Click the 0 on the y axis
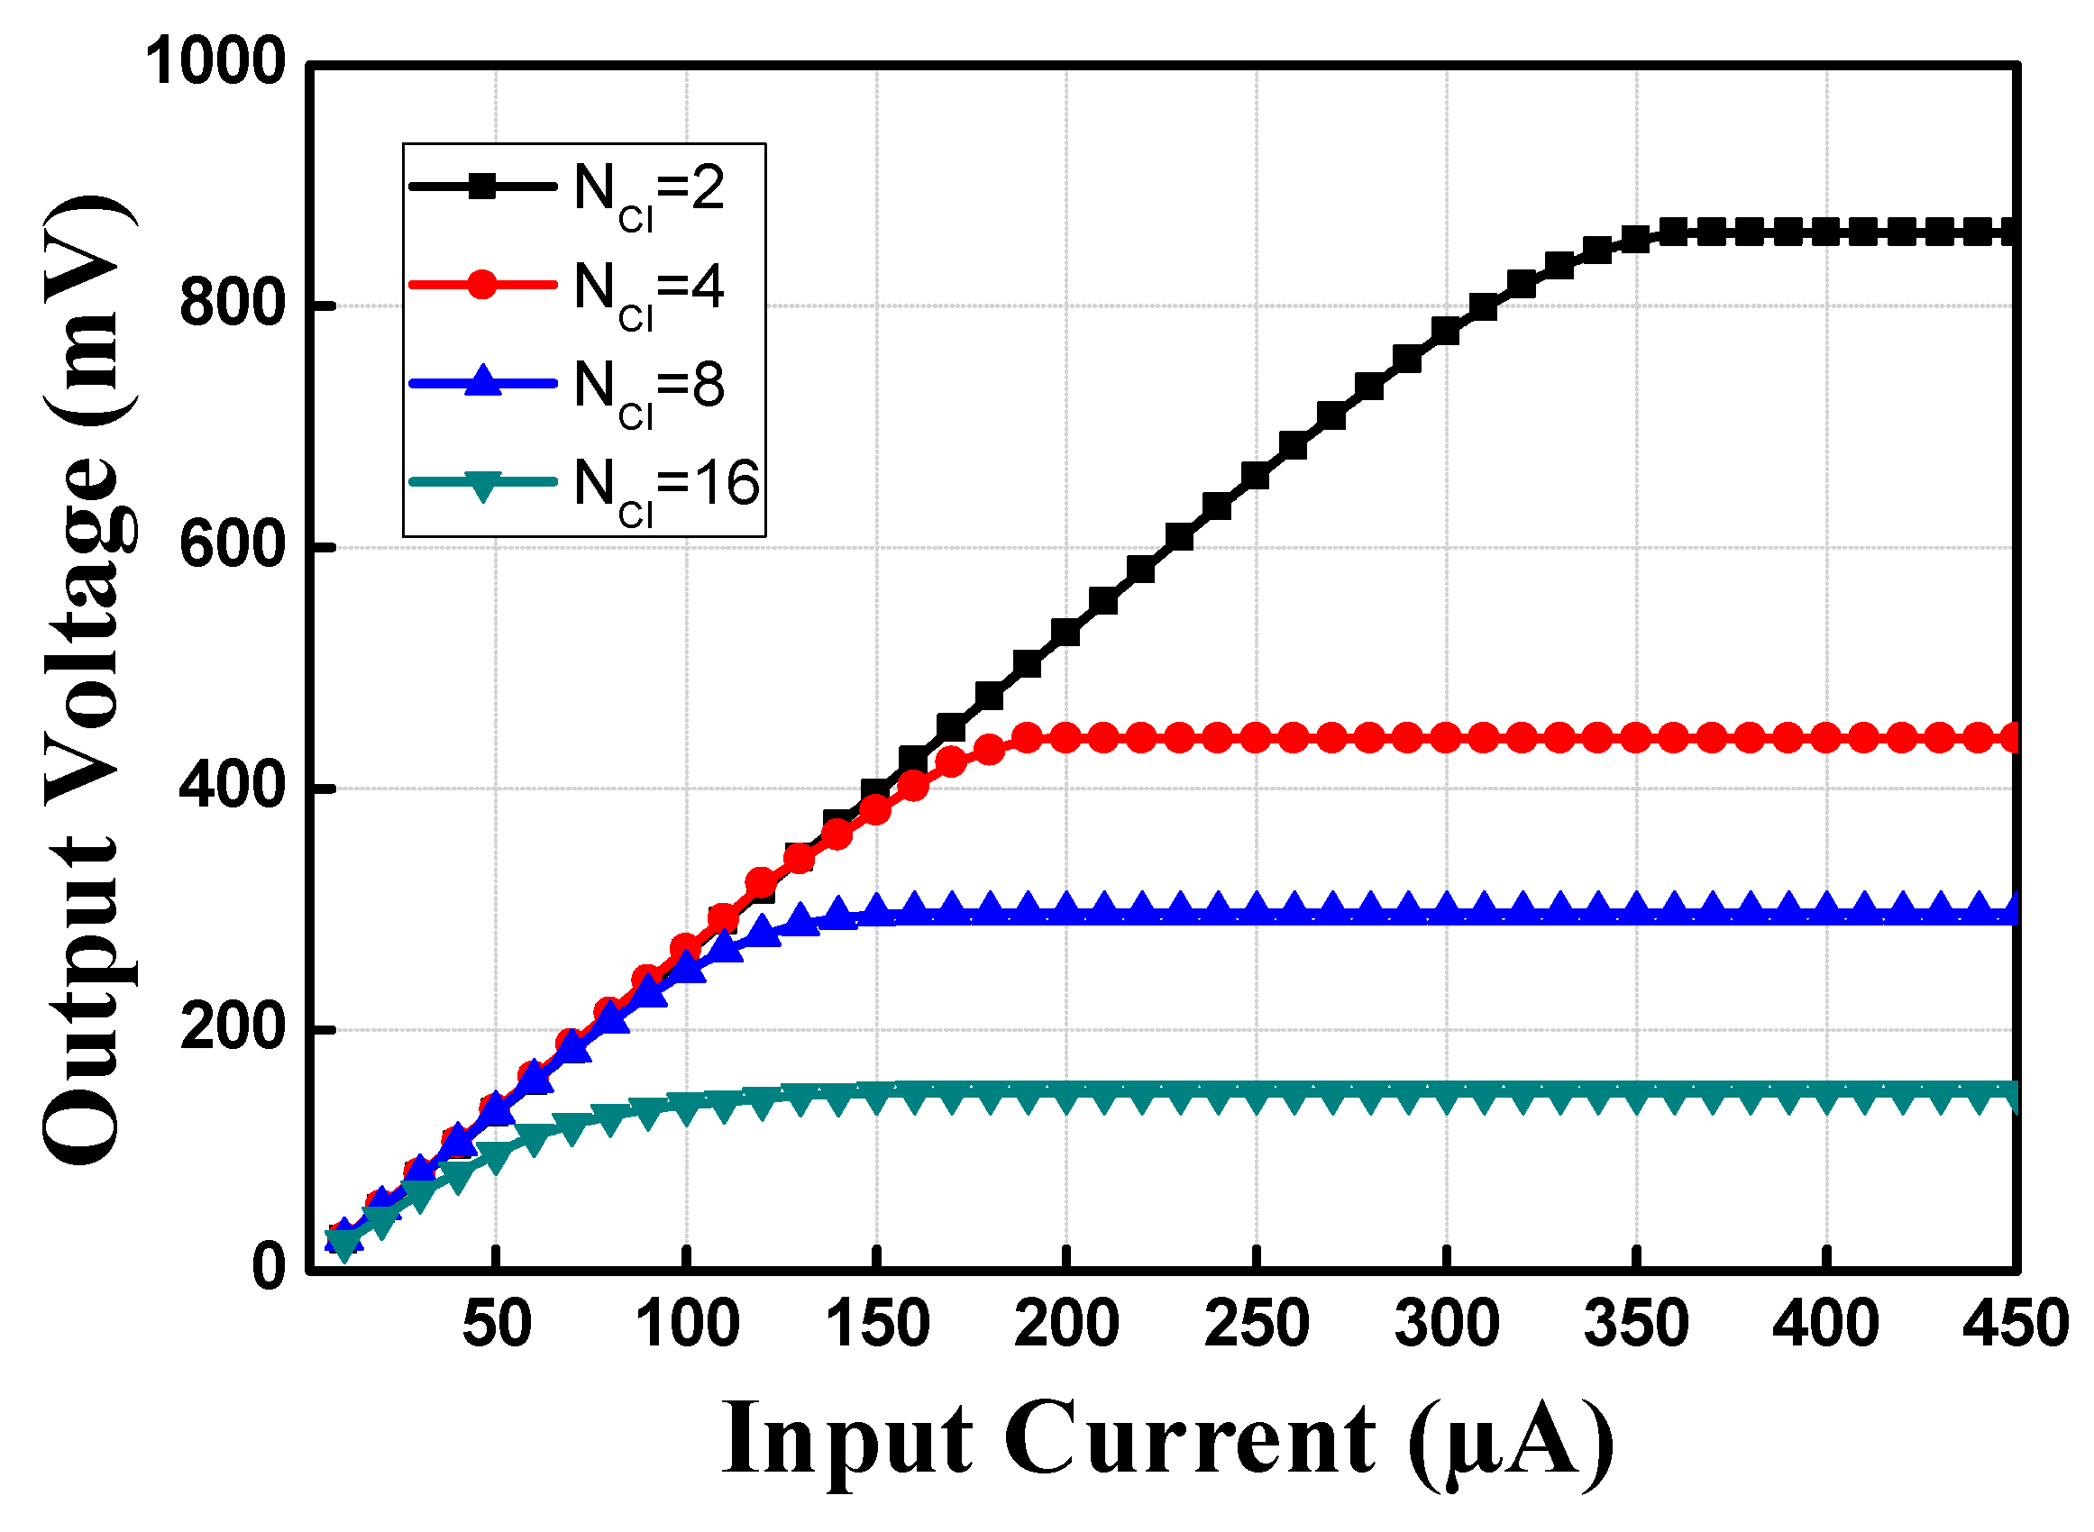pos(269,1268)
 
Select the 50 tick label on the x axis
pos(497,1324)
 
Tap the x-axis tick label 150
pos(877,1324)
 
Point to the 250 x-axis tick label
pos(1257,1324)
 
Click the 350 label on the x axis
pos(1637,1324)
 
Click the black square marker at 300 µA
pos(1446,331)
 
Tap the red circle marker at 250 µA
pos(1256,739)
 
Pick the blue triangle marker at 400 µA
pos(1826,907)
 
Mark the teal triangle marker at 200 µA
pos(1066,1099)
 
